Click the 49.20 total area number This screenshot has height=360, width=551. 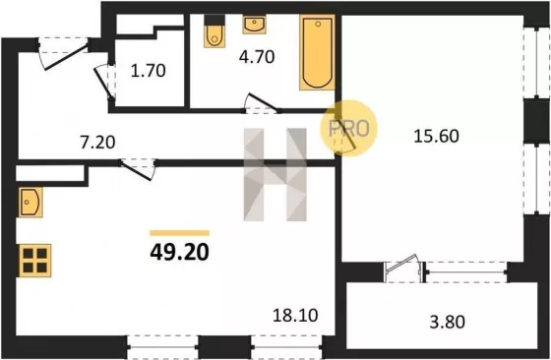tap(179, 252)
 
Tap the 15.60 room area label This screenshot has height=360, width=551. tap(436, 136)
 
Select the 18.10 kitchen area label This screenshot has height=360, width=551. tap(295, 315)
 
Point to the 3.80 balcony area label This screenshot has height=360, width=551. tap(447, 322)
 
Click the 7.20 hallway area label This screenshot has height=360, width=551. tap(97, 143)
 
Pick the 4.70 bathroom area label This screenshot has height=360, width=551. tap(257, 57)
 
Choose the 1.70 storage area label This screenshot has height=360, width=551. tap(148, 71)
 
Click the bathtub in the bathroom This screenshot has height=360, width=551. tap(317, 52)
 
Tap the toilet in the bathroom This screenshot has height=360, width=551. tap(214, 31)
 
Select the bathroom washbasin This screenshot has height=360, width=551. tap(254, 25)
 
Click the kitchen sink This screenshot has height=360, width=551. tap(31, 202)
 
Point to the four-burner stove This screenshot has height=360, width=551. tap(34, 261)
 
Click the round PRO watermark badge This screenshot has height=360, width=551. tap(348, 128)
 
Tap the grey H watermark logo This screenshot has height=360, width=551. tap(275, 174)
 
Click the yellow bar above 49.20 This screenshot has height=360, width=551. tap(179, 233)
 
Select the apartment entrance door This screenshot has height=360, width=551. tap(63, 54)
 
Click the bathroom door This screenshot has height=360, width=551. tap(261, 103)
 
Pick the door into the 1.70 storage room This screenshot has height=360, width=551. tap(105, 83)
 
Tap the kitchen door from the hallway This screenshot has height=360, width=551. tap(138, 169)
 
